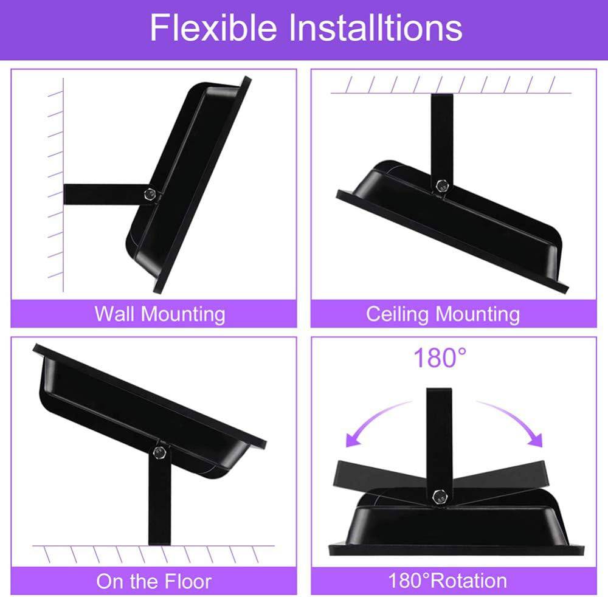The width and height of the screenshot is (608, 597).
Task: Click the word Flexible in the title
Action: tap(213, 27)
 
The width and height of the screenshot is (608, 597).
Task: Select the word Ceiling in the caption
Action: tap(396, 314)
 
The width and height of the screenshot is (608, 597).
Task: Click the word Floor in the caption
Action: tap(188, 581)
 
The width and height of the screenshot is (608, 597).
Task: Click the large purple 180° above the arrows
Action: tap(440, 357)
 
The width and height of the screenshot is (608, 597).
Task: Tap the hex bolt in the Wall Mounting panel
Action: tap(150, 194)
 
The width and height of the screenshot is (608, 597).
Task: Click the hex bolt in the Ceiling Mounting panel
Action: tap(441, 185)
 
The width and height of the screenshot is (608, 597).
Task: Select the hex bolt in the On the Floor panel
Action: tap(159, 452)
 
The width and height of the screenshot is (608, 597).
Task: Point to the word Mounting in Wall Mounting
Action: tap(183, 314)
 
